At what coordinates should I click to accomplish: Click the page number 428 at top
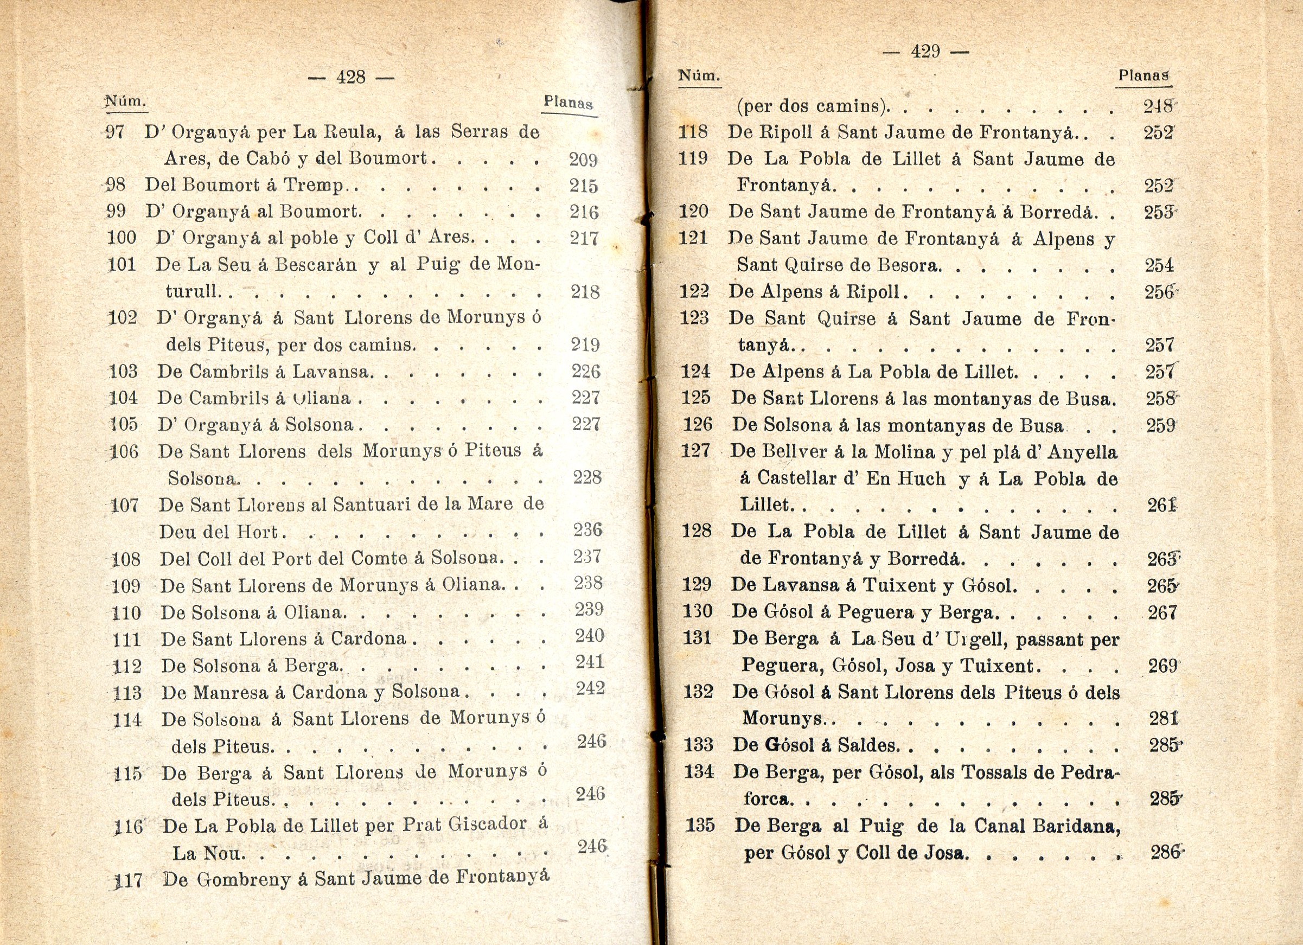[x=351, y=77]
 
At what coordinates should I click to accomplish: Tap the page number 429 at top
[x=925, y=52]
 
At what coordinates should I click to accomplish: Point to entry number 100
[x=121, y=238]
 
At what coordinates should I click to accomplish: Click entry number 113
[x=127, y=693]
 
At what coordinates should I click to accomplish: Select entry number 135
[x=700, y=826]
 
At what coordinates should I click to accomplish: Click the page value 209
[x=583, y=159]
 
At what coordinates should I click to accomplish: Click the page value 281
[x=1164, y=719]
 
